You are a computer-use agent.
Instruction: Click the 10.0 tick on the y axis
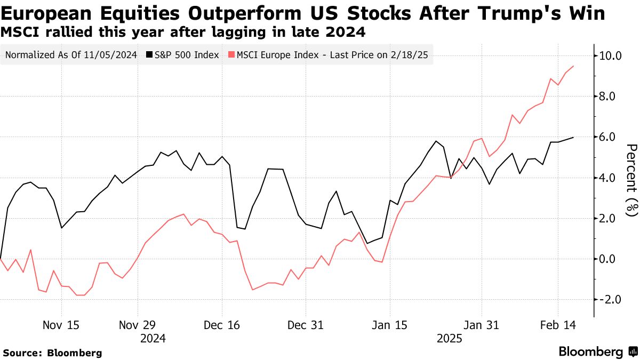point(611,55)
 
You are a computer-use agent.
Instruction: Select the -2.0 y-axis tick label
point(611,300)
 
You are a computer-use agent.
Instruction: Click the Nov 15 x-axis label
point(61,325)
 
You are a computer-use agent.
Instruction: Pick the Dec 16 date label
point(222,325)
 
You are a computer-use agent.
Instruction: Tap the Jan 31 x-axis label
point(482,325)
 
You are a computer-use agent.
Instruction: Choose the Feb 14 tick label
point(558,325)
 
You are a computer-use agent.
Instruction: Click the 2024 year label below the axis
point(153,338)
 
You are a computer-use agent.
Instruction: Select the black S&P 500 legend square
point(149,55)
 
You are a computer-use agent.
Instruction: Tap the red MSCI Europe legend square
point(230,55)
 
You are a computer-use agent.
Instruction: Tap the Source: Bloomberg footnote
point(52,353)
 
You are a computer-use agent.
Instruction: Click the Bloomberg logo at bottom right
point(597,351)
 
